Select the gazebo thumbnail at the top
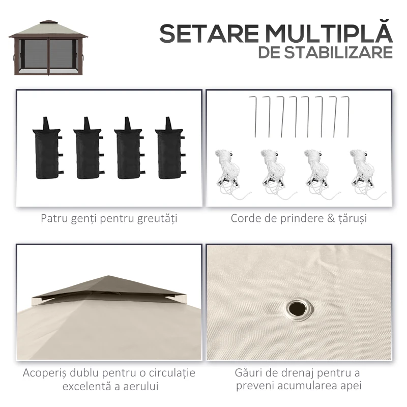pos(48,48)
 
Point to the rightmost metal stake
pos(346,116)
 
